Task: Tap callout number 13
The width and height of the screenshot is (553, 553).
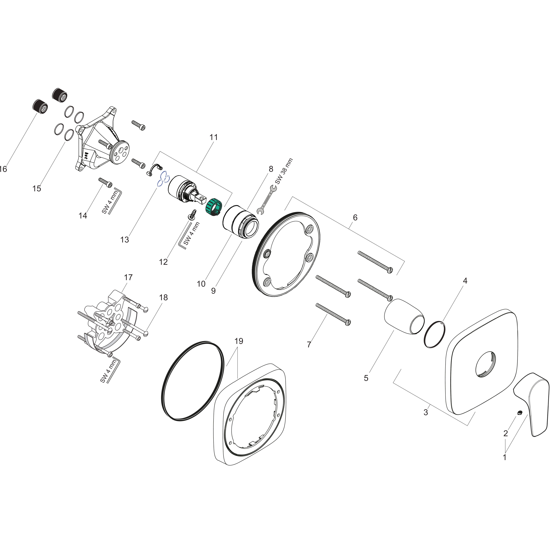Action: click(x=124, y=240)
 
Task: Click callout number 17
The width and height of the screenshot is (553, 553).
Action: click(x=128, y=277)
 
